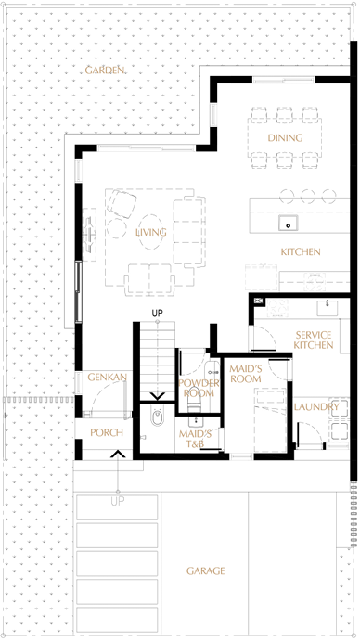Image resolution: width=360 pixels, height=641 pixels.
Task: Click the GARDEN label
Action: (x=105, y=70)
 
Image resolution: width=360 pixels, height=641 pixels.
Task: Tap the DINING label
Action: (x=285, y=138)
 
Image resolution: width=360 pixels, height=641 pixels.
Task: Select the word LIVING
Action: (x=151, y=232)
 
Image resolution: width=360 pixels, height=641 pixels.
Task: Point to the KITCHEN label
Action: (x=301, y=251)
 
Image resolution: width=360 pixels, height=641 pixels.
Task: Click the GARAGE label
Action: (x=205, y=570)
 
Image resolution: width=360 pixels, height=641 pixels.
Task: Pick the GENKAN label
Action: (x=108, y=377)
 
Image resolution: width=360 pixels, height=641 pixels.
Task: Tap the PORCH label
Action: (x=107, y=432)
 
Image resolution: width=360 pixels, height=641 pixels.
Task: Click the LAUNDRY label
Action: (x=316, y=406)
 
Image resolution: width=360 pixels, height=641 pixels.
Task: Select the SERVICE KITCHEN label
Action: (x=314, y=340)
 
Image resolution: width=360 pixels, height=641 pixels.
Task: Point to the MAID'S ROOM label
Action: (x=246, y=374)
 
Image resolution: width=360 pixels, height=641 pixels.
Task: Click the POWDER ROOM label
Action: (x=199, y=389)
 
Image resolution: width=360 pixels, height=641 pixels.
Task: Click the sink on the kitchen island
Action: (x=288, y=224)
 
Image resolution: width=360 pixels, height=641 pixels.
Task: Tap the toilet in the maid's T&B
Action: (x=157, y=417)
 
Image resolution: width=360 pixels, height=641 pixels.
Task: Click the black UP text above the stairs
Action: (x=158, y=314)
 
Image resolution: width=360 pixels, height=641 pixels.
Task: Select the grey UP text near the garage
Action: (x=118, y=501)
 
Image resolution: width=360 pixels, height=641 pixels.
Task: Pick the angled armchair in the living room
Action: (x=122, y=203)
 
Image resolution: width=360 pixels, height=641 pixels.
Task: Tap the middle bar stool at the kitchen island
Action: (x=307, y=196)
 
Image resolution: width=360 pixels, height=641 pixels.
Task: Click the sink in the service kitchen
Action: (x=328, y=308)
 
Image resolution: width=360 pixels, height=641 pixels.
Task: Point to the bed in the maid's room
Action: (x=270, y=420)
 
